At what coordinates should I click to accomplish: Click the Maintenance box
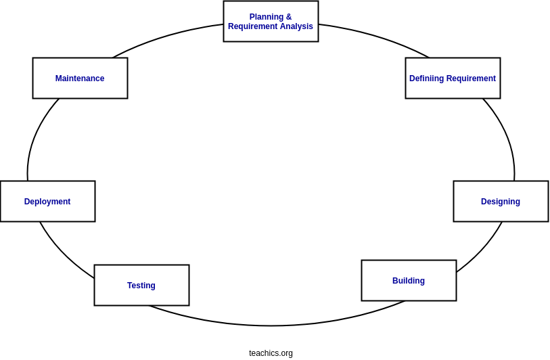point(80,78)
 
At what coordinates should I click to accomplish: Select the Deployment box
point(47,201)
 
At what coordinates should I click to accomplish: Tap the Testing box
point(141,285)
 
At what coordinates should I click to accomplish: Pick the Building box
point(409,280)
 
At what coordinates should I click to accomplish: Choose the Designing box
point(501,201)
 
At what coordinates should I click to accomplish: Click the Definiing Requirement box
point(453,78)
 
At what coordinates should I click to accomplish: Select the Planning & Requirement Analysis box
point(271,21)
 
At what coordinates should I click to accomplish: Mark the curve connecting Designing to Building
point(482,250)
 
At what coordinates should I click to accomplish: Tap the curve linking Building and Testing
point(271,325)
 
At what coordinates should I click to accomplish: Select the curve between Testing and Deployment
point(64,254)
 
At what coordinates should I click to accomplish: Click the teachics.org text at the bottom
point(271,353)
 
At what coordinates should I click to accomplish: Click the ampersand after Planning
point(289,17)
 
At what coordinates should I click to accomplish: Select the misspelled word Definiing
point(426,78)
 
